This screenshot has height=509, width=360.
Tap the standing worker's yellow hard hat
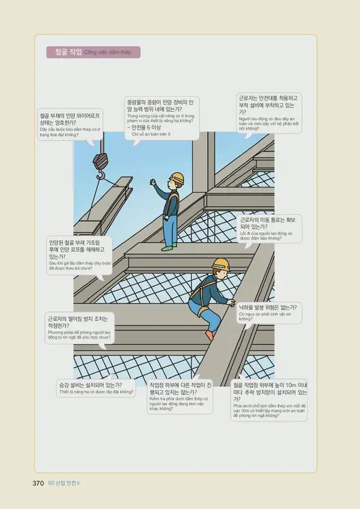coord(176,178)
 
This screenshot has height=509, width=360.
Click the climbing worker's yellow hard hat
coord(219,263)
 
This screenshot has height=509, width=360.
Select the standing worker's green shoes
coord(168,248)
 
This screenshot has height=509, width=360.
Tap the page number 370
coord(38,483)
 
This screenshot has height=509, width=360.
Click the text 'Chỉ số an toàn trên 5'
coord(151,134)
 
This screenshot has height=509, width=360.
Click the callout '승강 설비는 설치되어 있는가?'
coord(95,388)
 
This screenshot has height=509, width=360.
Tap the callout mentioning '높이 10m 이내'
coord(268,399)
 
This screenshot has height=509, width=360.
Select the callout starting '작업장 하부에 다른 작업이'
coord(179,396)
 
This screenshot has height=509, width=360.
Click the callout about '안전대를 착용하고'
coord(268,111)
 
